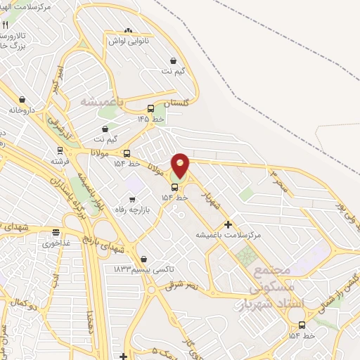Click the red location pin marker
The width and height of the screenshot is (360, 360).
(181, 165)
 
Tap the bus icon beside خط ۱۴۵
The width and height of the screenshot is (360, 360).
(150, 109)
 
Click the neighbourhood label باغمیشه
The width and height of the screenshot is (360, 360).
(101, 103)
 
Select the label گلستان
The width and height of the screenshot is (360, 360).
(176, 103)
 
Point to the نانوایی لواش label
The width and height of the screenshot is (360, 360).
(127, 41)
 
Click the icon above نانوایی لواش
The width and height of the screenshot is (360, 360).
(127, 30)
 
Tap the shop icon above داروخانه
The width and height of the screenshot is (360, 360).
(22, 100)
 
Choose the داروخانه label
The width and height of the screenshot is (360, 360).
(22, 110)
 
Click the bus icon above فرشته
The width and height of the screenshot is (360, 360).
(60, 150)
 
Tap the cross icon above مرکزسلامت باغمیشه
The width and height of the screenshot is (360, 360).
(228, 224)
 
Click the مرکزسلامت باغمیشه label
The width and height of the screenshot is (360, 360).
(228, 235)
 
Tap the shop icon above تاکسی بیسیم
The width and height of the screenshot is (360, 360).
(143, 259)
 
